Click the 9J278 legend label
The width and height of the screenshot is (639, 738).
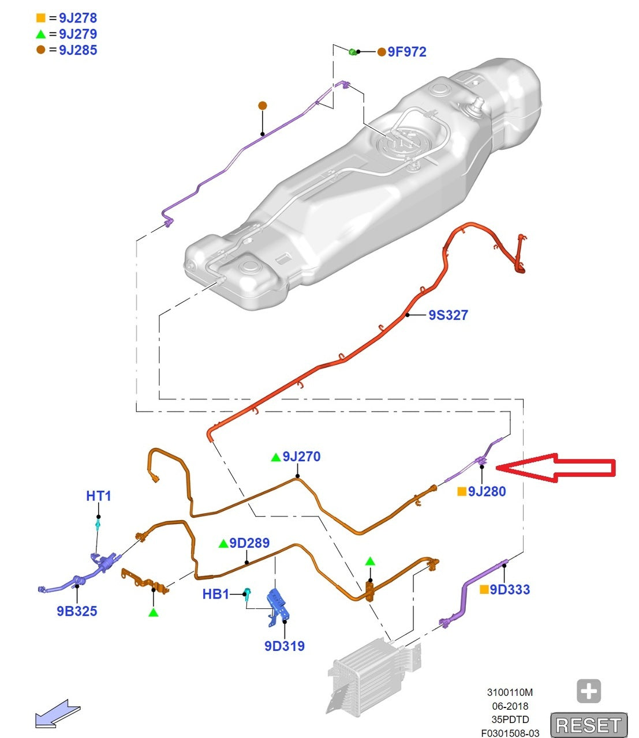[77, 18]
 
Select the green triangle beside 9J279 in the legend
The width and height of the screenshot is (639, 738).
[40, 34]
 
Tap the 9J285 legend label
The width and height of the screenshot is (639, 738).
[77, 50]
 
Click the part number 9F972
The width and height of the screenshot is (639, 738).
[406, 52]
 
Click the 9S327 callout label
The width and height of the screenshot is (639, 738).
[448, 315]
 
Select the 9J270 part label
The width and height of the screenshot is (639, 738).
[301, 457]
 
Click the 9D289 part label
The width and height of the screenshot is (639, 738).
[249, 543]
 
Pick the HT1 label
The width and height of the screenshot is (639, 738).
[99, 496]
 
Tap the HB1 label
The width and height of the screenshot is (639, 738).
[215, 594]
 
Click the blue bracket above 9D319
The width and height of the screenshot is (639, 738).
[277, 603]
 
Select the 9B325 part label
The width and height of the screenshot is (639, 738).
[77, 611]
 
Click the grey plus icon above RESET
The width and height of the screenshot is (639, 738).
[589, 691]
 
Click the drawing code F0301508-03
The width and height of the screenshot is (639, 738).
[510, 733]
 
